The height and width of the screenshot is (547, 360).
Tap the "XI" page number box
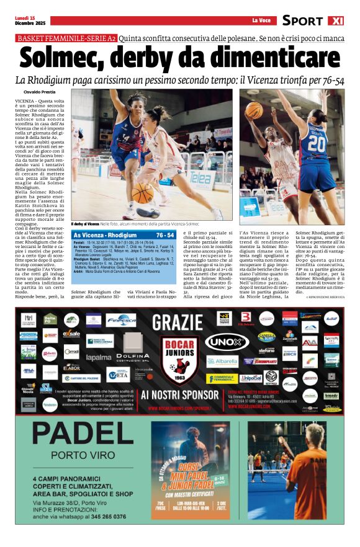(335, 20)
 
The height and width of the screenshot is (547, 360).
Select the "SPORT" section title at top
(303, 20)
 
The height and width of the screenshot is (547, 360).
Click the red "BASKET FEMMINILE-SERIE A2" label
(66, 38)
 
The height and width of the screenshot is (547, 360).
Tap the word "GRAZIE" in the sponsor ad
(178, 322)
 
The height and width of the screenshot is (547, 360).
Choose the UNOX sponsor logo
(227, 342)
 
